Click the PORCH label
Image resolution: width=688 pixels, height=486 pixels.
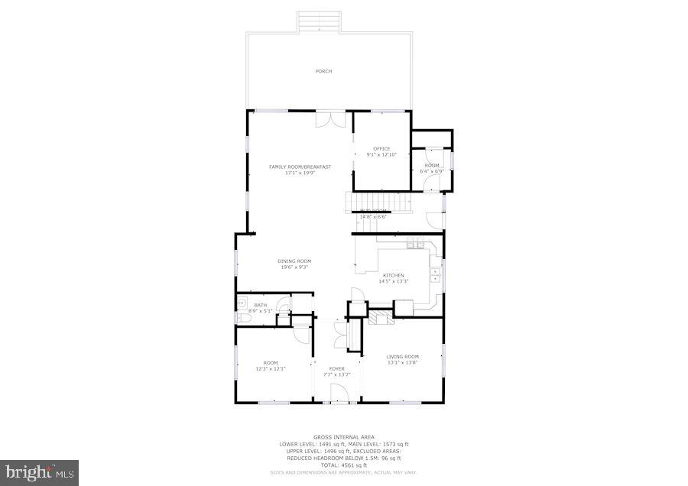(324, 72)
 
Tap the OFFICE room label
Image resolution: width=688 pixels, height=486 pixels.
(381, 149)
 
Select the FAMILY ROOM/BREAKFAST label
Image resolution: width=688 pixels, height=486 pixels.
(300, 167)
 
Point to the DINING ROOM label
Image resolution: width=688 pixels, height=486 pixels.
(294, 261)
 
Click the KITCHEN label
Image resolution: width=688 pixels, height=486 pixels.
(394, 275)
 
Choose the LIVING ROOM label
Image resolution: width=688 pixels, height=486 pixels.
(402, 357)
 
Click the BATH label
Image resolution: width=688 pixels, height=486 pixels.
(261, 306)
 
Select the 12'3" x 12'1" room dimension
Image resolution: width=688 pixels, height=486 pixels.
(271, 369)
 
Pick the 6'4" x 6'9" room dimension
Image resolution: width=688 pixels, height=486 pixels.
(432, 171)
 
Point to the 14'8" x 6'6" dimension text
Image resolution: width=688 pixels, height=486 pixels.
(373, 216)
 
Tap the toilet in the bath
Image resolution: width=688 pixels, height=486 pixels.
(283, 309)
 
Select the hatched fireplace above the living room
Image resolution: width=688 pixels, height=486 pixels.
(380, 318)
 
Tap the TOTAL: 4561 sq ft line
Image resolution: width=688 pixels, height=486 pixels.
(344, 465)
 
